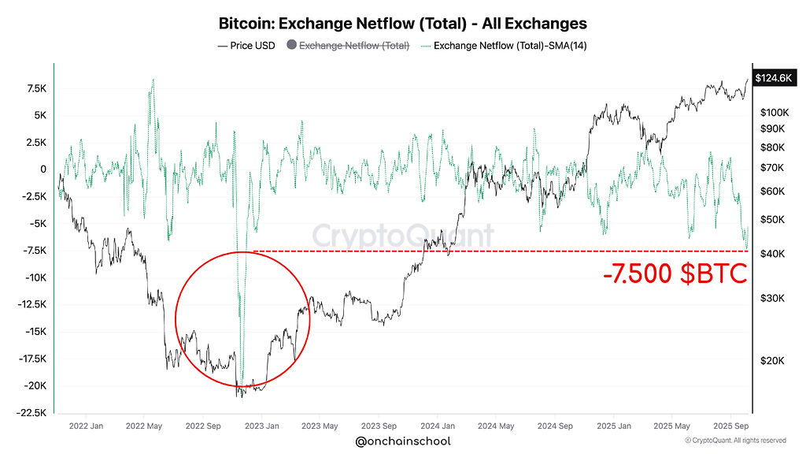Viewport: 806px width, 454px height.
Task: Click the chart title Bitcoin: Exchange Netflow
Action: point(402,24)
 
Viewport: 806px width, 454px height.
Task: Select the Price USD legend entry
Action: point(246,45)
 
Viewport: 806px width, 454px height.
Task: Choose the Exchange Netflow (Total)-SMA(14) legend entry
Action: point(504,45)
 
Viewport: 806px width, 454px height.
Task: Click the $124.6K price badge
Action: point(773,78)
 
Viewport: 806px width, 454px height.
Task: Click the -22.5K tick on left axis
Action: point(32,413)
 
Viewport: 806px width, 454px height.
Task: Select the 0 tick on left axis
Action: point(44,169)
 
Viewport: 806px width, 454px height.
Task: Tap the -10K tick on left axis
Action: point(35,277)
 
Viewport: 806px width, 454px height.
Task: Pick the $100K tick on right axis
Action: point(774,113)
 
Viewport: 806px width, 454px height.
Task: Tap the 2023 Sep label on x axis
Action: point(378,426)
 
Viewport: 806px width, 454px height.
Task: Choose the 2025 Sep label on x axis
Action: point(730,426)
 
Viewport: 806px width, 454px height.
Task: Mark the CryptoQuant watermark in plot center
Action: point(403,236)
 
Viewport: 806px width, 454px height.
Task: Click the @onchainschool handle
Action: point(403,441)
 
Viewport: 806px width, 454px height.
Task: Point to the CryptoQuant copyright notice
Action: point(735,441)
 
